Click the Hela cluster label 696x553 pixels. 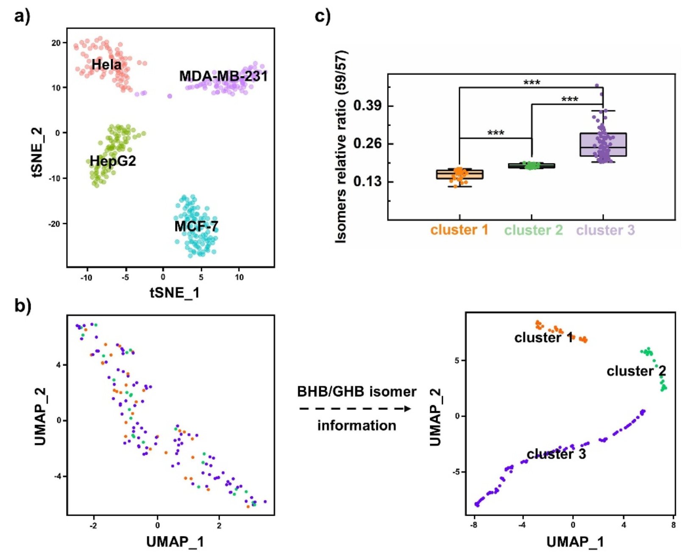coord(106,65)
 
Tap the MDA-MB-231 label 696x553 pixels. coord(223,76)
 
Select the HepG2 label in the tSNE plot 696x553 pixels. coord(113,161)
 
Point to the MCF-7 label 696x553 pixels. coord(196,227)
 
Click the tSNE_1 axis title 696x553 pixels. coord(175,293)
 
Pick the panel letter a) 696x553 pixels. coord(22,17)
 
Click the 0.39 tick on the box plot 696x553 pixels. coord(367,105)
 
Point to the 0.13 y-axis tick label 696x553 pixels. coord(367,182)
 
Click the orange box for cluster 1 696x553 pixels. coord(459,174)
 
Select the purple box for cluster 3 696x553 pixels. coord(603,145)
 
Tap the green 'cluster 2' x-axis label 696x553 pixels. coord(533,230)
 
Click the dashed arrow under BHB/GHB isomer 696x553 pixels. coord(355,409)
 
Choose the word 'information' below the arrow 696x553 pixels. coord(356,425)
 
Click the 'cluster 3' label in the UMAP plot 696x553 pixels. coord(556,454)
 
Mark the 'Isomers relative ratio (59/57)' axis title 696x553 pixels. coord(342,147)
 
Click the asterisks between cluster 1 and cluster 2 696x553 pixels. coord(496,133)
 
